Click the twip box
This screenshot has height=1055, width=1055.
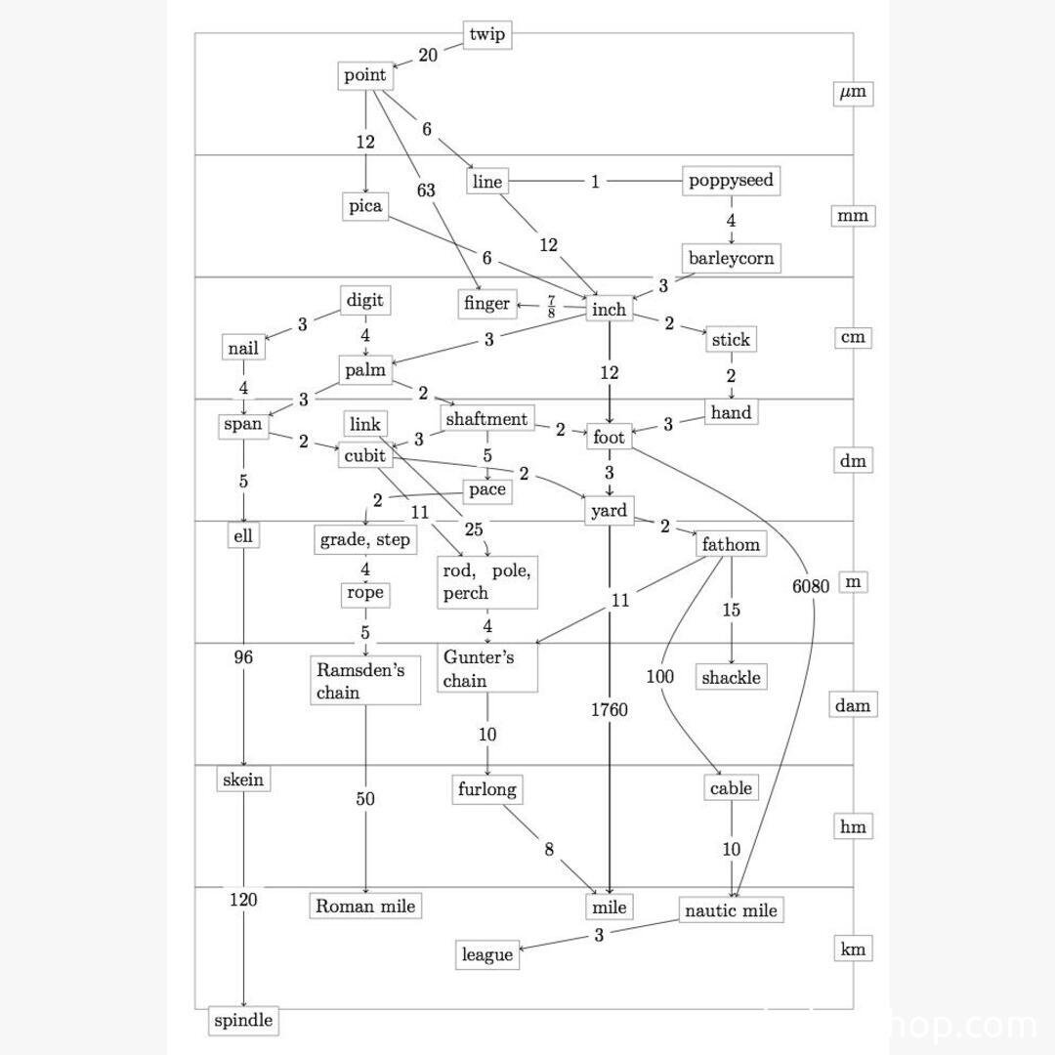(x=487, y=35)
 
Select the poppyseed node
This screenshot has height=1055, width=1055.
(x=731, y=181)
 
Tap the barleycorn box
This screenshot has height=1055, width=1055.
(x=731, y=259)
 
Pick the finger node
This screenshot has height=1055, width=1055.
(x=486, y=304)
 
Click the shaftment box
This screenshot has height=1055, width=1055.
(x=486, y=419)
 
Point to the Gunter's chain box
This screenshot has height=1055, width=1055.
(x=487, y=669)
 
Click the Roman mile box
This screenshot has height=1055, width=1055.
(x=365, y=907)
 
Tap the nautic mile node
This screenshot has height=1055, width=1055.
(x=732, y=910)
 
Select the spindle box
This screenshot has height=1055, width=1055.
(x=243, y=1021)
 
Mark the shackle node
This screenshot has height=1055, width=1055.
(x=731, y=677)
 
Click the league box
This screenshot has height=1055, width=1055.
(x=486, y=954)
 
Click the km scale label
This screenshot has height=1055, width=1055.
(x=853, y=949)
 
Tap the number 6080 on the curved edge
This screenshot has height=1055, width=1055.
(x=811, y=586)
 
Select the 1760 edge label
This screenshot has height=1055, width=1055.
(x=610, y=710)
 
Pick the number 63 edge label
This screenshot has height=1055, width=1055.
(x=426, y=190)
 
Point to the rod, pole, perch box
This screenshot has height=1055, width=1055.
(x=487, y=582)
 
